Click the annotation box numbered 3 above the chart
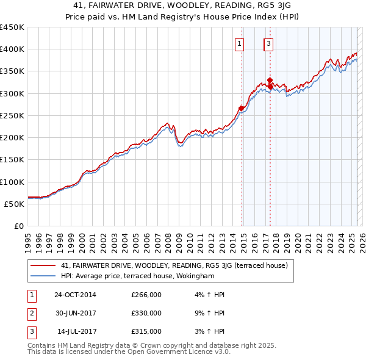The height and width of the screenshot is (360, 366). coord(268,43)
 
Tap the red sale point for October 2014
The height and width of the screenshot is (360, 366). coord(241,109)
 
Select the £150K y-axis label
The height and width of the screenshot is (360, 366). coord(12,160)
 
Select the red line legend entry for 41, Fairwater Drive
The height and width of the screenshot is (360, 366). coord(177,265)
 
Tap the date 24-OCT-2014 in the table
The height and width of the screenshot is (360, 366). coord(75,295)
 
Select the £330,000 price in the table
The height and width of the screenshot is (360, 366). coord(146,313)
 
